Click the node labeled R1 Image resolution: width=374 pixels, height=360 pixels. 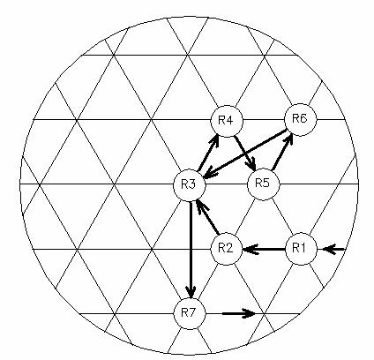point(301,249)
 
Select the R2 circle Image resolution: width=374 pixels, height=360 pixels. point(227,249)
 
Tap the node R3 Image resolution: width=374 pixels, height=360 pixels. point(190,185)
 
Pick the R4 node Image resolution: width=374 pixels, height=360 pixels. point(227,121)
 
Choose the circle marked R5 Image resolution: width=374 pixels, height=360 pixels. point(264,184)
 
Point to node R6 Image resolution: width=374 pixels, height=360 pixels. point(301,120)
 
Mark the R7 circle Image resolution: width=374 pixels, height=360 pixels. point(190,313)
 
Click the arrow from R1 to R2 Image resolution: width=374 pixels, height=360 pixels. point(264,250)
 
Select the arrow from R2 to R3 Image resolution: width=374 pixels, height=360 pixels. point(207,217)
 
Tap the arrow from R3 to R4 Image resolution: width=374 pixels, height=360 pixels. point(208,153)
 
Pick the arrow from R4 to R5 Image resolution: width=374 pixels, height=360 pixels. point(244,154)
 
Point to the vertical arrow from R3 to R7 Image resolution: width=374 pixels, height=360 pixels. point(191,250)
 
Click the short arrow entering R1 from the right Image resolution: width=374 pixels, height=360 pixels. point(333,250)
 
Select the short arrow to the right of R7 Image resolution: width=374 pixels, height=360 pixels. point(239,313)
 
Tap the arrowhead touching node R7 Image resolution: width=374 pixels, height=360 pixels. point(191,292)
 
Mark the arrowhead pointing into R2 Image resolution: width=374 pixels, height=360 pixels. point(250,250)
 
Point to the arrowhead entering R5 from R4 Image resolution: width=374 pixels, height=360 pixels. point(251,165)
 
